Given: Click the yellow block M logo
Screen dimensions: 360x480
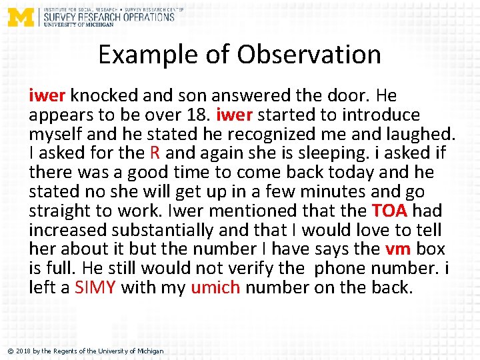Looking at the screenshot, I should (x=20, y=17).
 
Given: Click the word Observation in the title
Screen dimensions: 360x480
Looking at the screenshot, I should (x=304, y=54).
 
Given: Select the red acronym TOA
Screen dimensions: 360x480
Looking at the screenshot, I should (x=390, y=211).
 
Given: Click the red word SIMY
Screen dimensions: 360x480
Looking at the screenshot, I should (x=95, y=288).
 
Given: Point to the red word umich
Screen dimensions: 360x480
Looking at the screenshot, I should (x=214, y=288).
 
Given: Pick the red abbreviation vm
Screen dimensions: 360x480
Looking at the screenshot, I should (x=397, y=249).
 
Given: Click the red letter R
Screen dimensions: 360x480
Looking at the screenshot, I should (x=155, y=153).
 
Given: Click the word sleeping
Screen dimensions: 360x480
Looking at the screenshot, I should (x=328, y=153).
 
